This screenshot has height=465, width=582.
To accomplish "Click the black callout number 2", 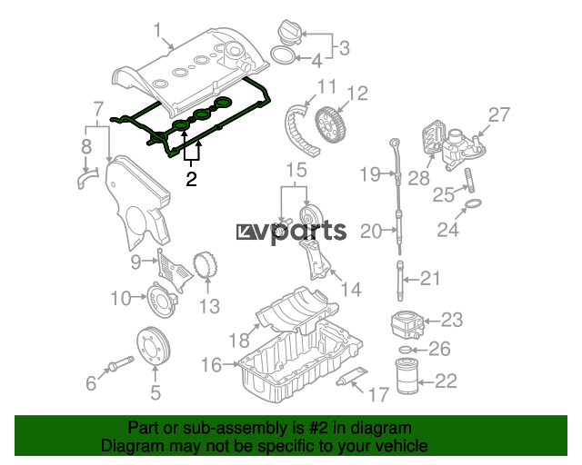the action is coord(191,179).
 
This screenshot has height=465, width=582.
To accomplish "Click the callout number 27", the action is coord(499,115).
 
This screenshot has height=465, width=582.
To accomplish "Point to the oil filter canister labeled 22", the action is coord(408,376).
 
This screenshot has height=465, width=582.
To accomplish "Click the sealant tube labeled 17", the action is coord(352,376).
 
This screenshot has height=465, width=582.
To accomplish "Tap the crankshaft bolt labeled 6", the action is coord(120,363).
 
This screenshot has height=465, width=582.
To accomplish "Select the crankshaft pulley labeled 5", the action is coord(154,346).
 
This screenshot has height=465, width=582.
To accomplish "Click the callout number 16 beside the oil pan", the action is coord(211,365).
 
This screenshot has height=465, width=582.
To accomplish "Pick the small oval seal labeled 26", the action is coord(405,349).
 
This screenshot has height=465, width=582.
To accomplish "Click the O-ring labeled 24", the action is coord(473,203).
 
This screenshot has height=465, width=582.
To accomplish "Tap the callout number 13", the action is coord(210,307).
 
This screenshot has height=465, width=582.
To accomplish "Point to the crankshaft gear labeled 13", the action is coord(206,265).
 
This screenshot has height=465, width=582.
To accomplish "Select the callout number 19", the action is coord(370,173).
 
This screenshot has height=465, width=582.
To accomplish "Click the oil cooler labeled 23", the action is coord(406,324).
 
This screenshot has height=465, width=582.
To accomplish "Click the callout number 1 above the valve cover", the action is coord(158,30).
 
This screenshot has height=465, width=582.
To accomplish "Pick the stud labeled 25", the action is coord(470,180).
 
